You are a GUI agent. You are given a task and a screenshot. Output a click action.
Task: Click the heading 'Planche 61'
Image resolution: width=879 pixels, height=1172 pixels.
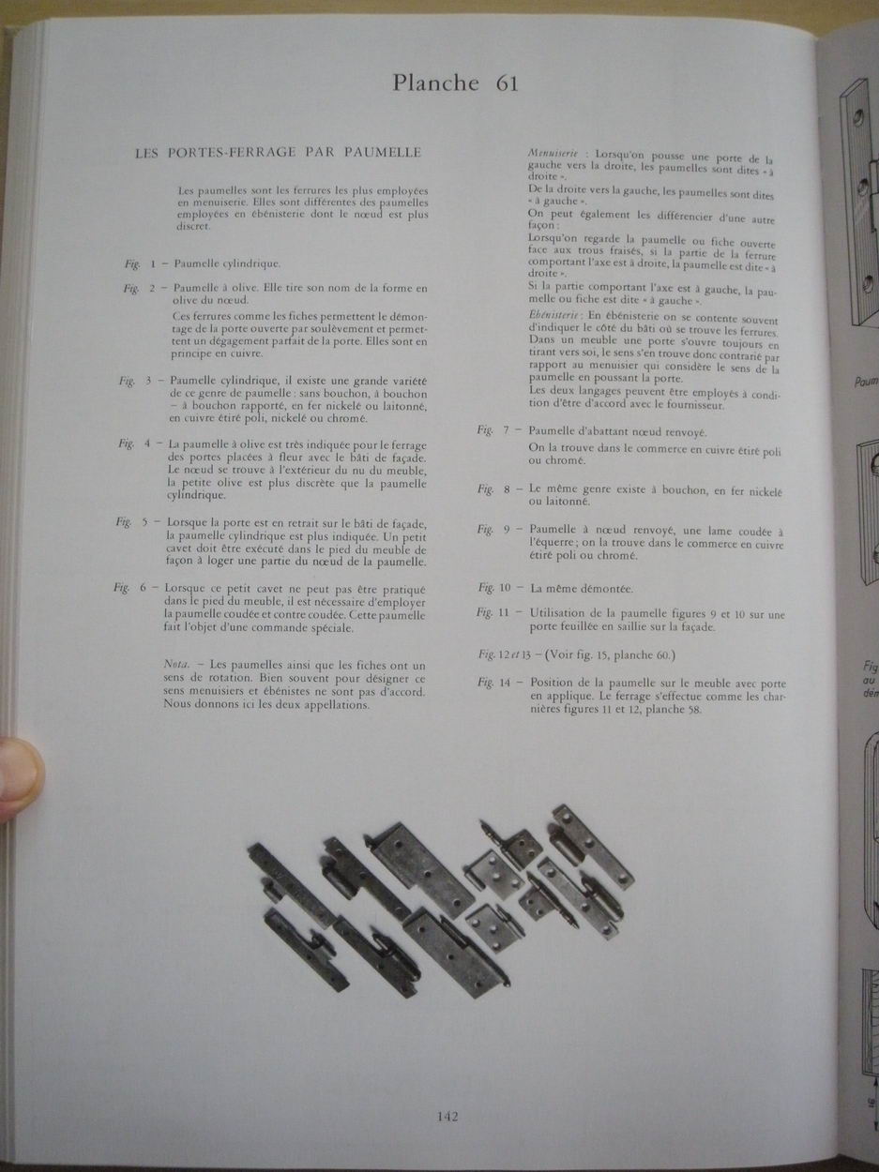tap(455, 83)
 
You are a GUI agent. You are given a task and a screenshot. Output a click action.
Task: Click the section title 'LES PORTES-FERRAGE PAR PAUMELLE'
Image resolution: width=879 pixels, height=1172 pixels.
tap(279, 152)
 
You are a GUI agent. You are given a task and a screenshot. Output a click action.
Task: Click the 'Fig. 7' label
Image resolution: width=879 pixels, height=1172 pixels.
tap(494, 429)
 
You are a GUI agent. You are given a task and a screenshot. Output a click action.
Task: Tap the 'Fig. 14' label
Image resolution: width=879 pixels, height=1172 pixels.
tap(494, 683)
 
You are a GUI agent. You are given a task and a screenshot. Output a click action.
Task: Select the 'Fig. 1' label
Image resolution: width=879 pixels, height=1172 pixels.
tap(141, 263)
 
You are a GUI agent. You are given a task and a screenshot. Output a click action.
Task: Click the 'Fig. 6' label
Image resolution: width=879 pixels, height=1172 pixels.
tap(129, 588)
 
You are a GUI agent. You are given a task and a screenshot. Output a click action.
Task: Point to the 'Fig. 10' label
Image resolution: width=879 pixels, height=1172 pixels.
tap(494, 588)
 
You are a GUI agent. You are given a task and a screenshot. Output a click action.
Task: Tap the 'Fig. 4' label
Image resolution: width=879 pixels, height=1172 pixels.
tap(135, 443)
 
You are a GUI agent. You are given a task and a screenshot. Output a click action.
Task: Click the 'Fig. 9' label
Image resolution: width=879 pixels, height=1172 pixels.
tap(493, 529)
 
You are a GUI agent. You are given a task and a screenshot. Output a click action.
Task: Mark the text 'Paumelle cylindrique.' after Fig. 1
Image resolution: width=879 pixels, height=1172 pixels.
tap(227, 263)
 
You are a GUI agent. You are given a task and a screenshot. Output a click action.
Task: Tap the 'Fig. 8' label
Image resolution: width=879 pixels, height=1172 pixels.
tap(494, 488)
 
